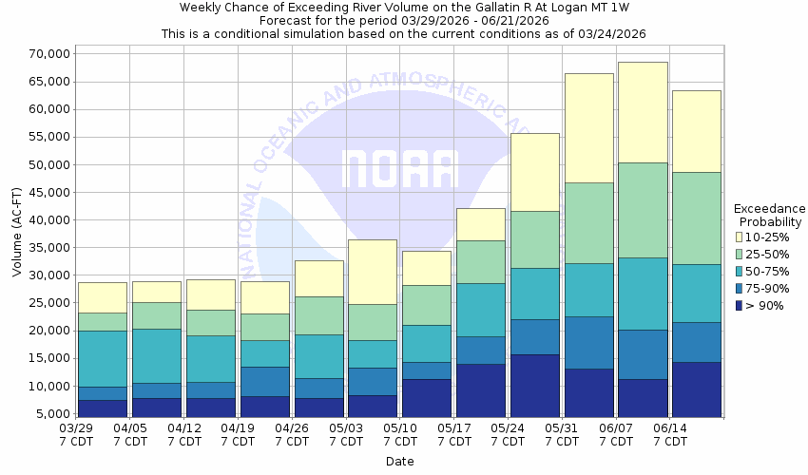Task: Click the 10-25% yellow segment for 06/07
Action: click(642, 112)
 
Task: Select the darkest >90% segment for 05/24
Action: click(534, 385)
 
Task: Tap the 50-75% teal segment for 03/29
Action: click(103, 358)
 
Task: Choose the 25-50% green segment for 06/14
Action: click(696, 218)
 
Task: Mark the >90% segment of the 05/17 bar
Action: click(480, 389)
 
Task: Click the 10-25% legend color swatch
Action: click(739, 237)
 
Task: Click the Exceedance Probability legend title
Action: click(770, 215)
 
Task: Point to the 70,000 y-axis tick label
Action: click(45, 53)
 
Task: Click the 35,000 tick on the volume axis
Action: click(45, 248)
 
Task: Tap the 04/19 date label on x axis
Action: click(237, 435)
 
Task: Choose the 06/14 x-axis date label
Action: click(669, 435)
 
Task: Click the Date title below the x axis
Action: click(399, 462)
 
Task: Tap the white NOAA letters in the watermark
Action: click(399, 168)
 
